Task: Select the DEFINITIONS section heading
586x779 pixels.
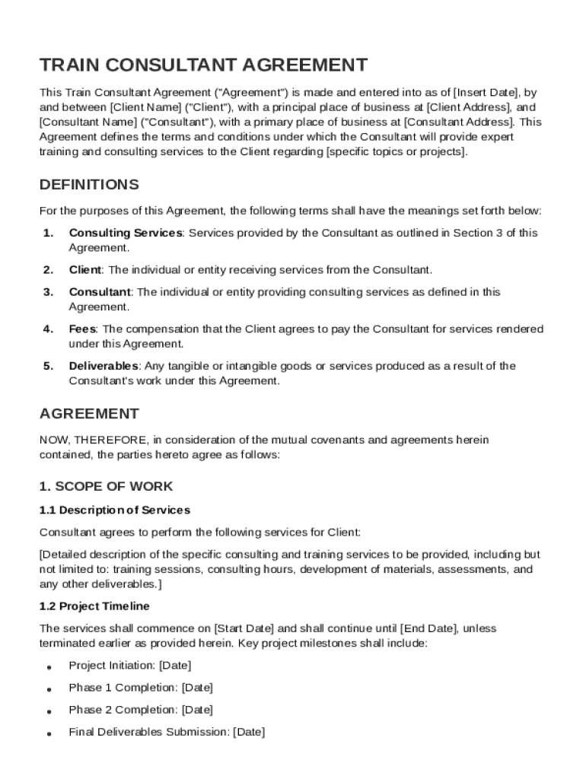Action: click(x=89, y=185)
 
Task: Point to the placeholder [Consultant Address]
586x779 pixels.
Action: click(x=459, y=122)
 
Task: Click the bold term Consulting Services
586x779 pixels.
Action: click(x=126, y=233)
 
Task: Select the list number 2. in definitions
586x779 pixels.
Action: click(x=48, y=269)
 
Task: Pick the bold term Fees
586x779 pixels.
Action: click(x=82, y=329)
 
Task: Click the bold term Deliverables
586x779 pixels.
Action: click(x=104, y=366)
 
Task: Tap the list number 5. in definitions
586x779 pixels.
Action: click(x=48, y=366)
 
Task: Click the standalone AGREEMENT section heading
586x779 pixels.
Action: click(x=89, y=414)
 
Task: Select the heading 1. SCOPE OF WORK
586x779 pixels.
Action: click(x=106, y=486)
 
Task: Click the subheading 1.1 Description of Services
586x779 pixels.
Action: click(x=114, y=510)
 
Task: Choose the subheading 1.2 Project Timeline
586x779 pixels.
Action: click(x=94, y=606)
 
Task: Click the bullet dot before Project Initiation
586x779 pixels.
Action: click(x=49, y=667)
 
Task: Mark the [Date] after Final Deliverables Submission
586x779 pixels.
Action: click(x=248, y=732)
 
